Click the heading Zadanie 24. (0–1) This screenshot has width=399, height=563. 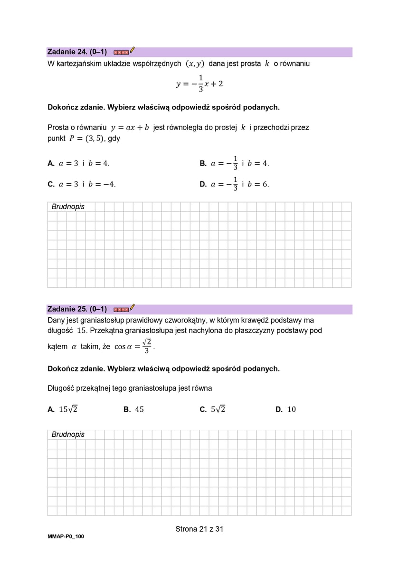click(x=77, y=52)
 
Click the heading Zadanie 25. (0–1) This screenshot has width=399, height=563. click(x=77, y=309)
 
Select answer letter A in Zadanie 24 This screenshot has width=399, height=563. click(x=51, y=163)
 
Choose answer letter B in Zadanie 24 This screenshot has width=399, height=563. click(x=203, y=163)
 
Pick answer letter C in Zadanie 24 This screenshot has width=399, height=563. click(x=51, y=185)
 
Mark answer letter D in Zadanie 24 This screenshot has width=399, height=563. click(x=203, y=185)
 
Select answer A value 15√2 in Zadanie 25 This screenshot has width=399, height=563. click(x=68, y=409)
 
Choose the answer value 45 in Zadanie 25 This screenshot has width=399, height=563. click(x=139, y=409)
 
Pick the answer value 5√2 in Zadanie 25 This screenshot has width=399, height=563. click(x=218, y=409)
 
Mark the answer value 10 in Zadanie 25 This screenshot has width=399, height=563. click(x=292, y=409)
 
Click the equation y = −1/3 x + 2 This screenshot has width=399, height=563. click(x=199, y=84)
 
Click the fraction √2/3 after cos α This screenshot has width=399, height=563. click(x=147, y=346)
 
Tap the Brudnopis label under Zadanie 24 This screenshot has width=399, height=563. click(x=68, y=207)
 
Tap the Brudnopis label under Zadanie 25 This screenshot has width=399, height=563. click(x=68, y=434)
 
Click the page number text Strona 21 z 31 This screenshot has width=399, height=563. click(x=199, y=529)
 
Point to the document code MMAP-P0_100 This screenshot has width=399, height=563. click(x=66, y=536)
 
